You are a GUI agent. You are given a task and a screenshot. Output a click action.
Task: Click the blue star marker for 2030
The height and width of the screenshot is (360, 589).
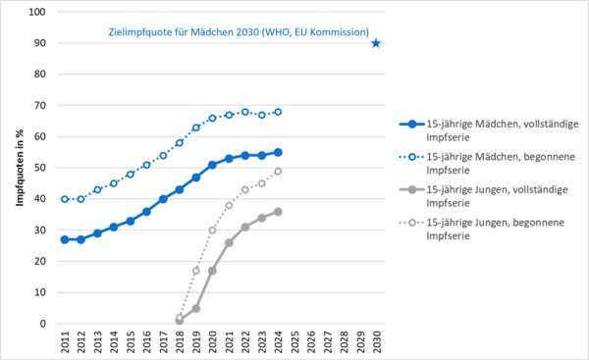point(376,43)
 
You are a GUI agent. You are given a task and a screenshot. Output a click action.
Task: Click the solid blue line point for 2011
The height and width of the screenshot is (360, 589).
point(65,239)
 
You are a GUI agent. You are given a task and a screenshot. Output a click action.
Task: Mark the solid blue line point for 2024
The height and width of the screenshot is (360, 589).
point(278,152)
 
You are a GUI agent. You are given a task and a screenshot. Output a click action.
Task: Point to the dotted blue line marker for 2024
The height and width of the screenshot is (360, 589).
point(278,112)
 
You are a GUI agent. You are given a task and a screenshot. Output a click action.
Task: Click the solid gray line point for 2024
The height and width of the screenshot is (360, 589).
point(278,211)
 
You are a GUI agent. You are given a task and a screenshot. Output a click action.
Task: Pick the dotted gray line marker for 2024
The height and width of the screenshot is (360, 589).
point(278,171)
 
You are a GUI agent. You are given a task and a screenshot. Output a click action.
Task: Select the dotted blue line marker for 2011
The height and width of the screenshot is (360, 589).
point(65,199)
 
